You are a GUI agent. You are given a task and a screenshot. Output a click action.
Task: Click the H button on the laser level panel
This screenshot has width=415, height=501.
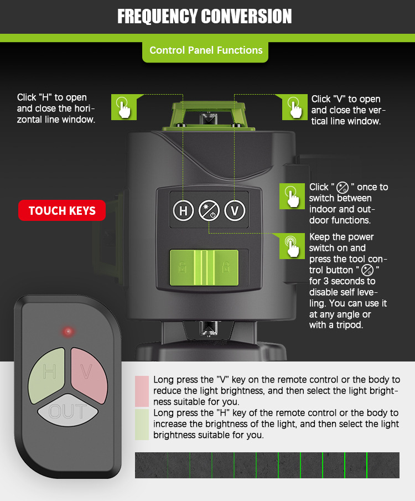pyautogui.click(x=183, y=210)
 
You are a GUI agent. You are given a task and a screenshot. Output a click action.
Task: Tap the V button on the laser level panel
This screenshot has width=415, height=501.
pyautogui.click(x=235, y=210)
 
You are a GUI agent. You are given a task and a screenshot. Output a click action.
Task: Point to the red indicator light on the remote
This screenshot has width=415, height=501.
pyautogui.click(x=68, y=332)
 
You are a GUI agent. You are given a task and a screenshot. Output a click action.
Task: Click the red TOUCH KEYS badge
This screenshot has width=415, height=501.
pyautogui.click(x=62, y=210)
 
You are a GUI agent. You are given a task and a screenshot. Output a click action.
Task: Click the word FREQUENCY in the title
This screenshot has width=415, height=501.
pyautogui.click(x=157, y=16)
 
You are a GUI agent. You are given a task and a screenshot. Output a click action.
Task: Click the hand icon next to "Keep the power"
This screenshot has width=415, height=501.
pyautogui.click(x=292, y=246)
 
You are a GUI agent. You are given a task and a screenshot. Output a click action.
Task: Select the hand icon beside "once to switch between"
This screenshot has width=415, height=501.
pyautogui.click(x=292, y=196)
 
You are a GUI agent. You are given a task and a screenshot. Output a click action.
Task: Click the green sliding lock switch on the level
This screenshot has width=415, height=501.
pyautogui.click(x=204, y=267)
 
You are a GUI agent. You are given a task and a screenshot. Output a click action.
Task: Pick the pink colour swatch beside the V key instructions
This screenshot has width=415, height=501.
pyautogui.click(x=142, y=391)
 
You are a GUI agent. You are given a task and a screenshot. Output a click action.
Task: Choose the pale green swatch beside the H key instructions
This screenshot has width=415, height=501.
pyautogui.click(x=142, y=425)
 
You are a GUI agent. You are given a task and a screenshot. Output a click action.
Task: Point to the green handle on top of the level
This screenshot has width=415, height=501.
pyautogui.click(x=209, y=116)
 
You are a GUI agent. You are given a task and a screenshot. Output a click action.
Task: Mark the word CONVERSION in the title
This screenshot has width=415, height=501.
pyautogui.click(x=247, y=16)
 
